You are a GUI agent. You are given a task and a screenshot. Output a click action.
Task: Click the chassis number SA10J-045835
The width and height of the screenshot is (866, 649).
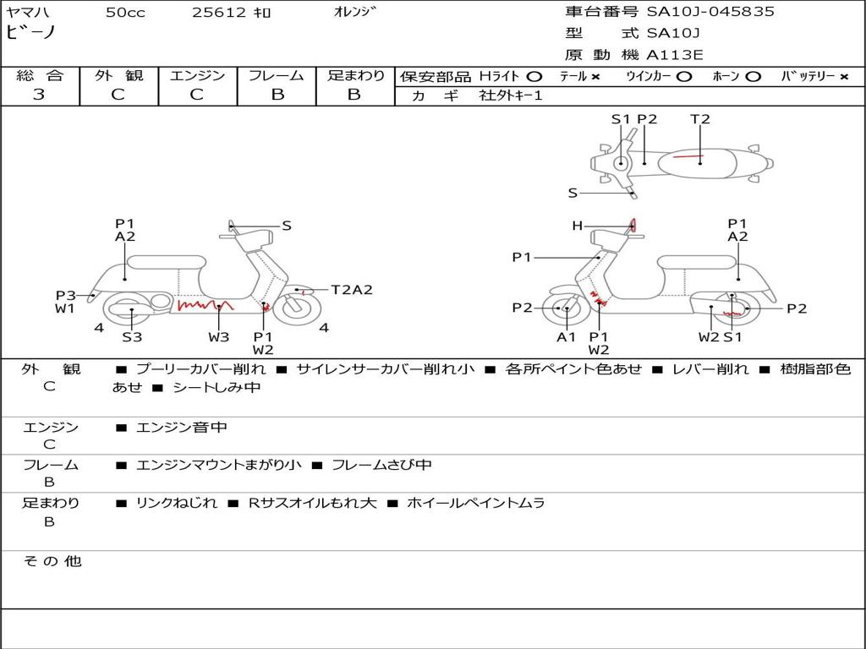point(710,12)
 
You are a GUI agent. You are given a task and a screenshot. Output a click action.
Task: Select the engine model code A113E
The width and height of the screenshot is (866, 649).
point(675,56)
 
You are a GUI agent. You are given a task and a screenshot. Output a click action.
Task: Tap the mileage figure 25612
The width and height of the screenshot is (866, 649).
point(219,13)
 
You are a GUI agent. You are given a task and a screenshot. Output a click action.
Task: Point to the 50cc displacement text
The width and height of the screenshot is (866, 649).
point(123,13)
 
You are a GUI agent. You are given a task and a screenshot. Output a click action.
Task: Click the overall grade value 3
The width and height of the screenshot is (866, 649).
point(39,95)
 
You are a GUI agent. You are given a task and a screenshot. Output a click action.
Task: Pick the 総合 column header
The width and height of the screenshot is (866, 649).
point(40,76)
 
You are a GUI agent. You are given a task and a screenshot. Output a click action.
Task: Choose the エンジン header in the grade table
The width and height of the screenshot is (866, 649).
point(197,76)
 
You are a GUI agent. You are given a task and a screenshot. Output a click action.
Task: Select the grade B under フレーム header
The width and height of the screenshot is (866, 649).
point(277,95)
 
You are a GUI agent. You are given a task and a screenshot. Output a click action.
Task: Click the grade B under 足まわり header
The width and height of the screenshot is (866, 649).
point(354,95)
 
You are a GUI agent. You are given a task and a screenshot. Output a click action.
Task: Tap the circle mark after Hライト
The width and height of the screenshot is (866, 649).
point(534,77)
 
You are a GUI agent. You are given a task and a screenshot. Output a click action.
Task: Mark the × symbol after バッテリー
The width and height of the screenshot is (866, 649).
point(844,77)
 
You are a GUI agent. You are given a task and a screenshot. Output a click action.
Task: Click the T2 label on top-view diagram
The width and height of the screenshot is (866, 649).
point(700,119)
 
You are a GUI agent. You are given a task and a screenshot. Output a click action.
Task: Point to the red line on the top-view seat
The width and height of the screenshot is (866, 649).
point(687,157)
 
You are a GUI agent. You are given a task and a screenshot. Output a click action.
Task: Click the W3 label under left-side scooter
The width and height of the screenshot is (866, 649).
point(219,337)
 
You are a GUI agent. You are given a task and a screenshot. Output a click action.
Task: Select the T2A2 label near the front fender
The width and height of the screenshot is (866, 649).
point(352,290)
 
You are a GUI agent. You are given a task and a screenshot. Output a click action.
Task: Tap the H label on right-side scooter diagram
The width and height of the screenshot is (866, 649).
point(578,226)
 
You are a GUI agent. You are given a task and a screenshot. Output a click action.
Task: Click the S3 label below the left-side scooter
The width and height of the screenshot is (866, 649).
point(132,337)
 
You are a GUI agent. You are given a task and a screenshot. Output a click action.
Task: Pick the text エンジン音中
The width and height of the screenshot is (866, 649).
point(182,428)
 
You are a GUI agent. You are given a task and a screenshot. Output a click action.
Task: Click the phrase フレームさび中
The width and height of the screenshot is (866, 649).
point(381,465)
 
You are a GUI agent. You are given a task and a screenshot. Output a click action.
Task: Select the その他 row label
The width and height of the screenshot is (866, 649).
point(52,561)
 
